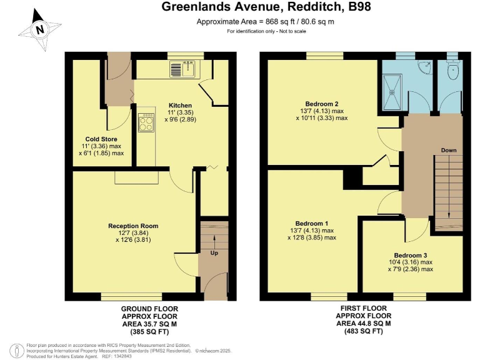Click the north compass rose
pyautogui.click(x=40, y=29)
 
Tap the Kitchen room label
pyautogui.click(x=180, y=105)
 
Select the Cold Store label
pyautogui.click(x=101, y=139)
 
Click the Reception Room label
pyautogui.click(x=133, y=226)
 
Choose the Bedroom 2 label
pyautogui.click(x=322, y=104)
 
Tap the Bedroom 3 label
pyautogui.click(x=411, y=255)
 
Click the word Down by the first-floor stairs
pyautogui.click(x=447, y=151)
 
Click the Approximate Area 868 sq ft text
pyautogui.click(x=265, y=22)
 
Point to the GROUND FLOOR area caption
pyautogui.click(x=149, y=320)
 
